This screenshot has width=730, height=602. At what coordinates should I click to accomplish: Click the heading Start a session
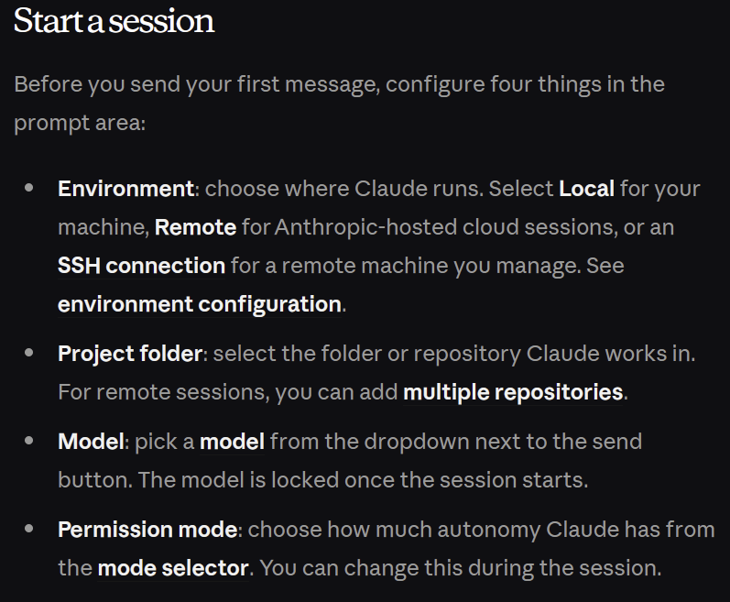tap(114, 21)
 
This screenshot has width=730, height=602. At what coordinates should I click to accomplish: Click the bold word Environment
tap(125, 189)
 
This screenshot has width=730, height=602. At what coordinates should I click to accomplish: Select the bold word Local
tap(586, 189)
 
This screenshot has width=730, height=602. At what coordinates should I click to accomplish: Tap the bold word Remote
tap(195, 227)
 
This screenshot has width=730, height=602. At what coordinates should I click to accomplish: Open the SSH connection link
tap(142, 266)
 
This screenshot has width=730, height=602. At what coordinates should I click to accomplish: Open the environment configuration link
tap(200, 304)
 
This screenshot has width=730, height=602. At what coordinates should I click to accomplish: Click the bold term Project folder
tap(130, 354)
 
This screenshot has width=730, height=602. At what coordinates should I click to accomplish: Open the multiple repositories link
tap(513, 392)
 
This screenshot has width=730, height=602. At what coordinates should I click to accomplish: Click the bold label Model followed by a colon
tap(92, 442)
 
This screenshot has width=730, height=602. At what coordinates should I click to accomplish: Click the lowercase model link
tap(232, 442)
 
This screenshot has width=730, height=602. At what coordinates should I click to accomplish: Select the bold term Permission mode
tap(147, 530)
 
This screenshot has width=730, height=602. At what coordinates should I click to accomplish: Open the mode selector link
tap(173, 568)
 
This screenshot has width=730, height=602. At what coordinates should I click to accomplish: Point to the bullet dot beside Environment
tap(29, 188)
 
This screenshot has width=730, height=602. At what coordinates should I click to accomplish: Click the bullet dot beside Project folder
tap(29, 353)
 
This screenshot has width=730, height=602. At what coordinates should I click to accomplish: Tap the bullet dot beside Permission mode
tap(29, 529)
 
